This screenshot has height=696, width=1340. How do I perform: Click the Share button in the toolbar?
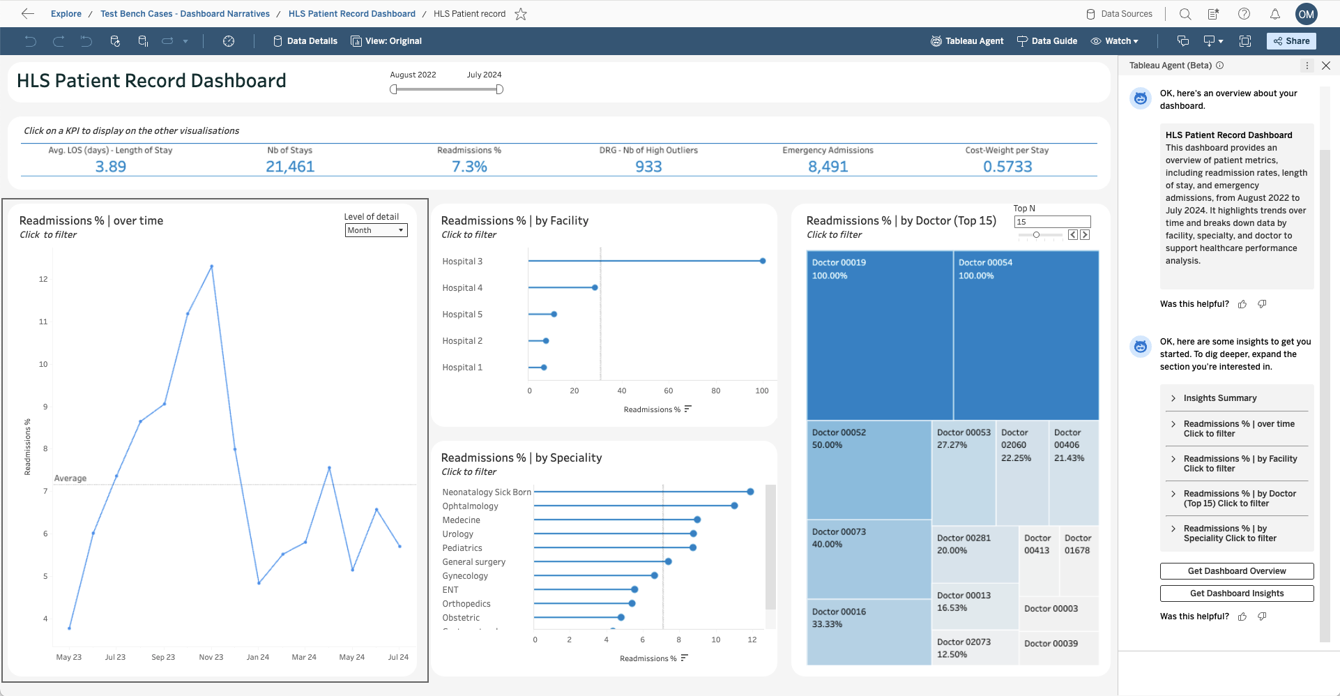tap(1291, 41)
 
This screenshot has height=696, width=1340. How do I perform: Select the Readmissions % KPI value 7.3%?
tap(469, 167)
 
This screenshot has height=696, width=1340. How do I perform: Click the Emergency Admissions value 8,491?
tap(828, 167)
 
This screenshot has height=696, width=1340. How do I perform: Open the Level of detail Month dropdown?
tap(376, 230)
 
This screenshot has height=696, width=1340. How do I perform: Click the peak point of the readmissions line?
tap(211, 266)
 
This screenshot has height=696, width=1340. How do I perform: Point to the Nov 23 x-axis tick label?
tap(211, 657)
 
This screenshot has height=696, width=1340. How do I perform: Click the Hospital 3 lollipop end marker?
tap(763, 261)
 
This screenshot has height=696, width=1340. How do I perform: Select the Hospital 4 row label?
tap(462, 288)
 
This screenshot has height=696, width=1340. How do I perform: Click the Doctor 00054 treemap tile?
tap(1026, 335)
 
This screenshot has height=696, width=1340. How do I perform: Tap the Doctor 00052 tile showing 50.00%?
tap(868, 469)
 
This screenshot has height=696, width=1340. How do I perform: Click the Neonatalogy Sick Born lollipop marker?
tap(750, 492)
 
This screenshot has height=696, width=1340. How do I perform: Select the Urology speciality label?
tap(458, 534)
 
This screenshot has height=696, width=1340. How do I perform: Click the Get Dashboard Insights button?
tap(1236, 593)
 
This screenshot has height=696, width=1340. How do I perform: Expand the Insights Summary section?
tap(1219, 398)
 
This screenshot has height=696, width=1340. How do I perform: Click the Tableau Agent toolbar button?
tap(967, 41)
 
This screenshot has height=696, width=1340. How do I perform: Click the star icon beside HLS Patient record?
tap(521, 14)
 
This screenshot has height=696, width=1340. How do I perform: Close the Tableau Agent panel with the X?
tap(1326, 66)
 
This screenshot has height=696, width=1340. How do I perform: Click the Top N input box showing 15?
tap(1051, 222)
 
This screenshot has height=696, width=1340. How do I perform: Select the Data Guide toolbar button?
tap(1047, 41)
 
